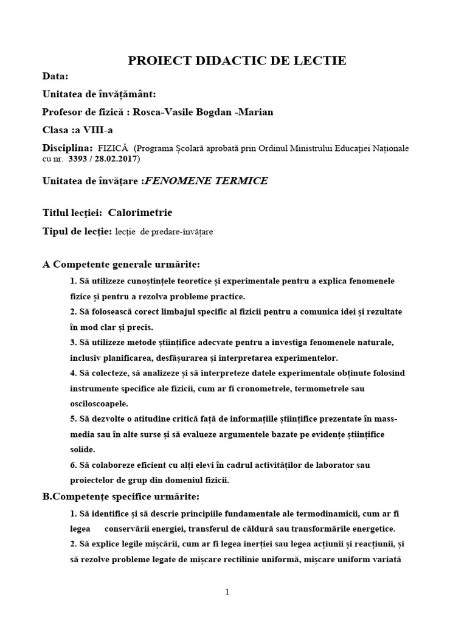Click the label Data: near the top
(x=55, y=77)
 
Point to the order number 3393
(x=81, y=159)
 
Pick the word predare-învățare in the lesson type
(x=185, y=232)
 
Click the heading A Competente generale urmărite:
(x=121, y=264)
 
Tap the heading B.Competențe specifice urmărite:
(x=121, y=496)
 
